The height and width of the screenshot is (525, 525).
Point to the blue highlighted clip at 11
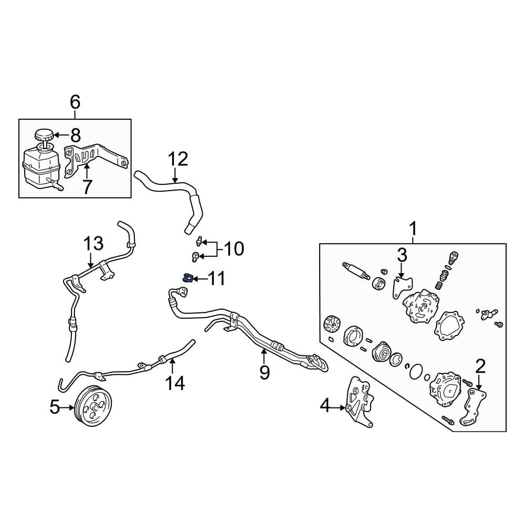pos(185,278)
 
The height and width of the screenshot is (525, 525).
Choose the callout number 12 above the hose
pos(177,159)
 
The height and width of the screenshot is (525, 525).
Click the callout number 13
pos(94,244)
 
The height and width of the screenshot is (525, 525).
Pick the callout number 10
pos(235,249)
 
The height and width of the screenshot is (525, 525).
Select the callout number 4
pos(326,406)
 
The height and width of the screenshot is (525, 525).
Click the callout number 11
pos(216,278)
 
